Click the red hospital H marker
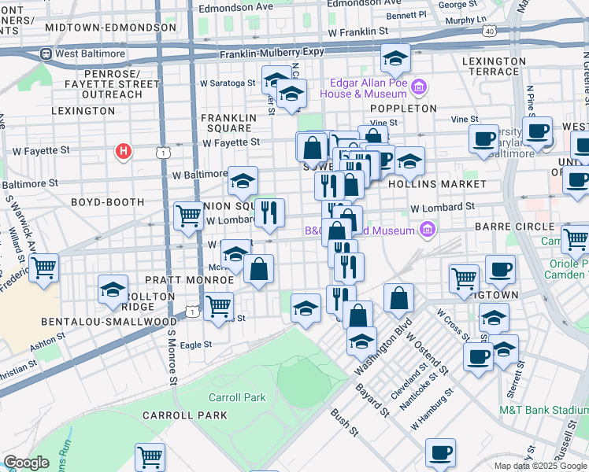pyautogui.click(x=123, y=150)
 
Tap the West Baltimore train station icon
pyautogui.click(x=46, y=55)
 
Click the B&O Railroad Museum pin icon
pyautogui.click(x=427, y=230)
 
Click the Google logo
pyautogui.click(x=26, y=463)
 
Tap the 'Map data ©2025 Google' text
pyautogui.click(x=540, y=466)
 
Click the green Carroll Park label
pyautogui.click(x=237, y=397)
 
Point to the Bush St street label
pyautogui.click(x=344, y=422)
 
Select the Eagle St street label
pyautogui.click(x=196, y=345)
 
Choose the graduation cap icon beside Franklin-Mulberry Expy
pyautogui.click(x=395, y=57)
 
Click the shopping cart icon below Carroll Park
pyautogui.click(x=150, y=456)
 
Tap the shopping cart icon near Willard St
pyautogui.click(x=44, y=268)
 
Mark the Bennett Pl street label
pyautogui.click(x=406, y=15)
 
